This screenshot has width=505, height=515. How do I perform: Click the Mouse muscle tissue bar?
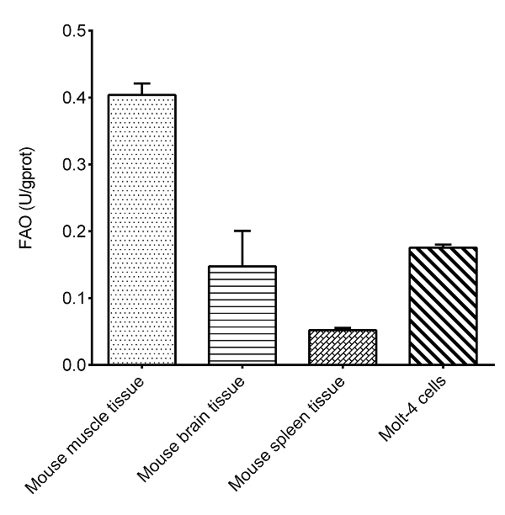141,230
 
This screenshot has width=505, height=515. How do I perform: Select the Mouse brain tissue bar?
242,316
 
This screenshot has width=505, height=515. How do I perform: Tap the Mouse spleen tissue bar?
343,348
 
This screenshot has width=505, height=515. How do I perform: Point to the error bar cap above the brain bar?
242,231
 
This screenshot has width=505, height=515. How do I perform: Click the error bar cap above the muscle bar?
141,83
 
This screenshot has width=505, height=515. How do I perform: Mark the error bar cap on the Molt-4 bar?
443,244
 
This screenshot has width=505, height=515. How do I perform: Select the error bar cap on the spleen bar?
343,327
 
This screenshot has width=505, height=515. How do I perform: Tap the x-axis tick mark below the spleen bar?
343,369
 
